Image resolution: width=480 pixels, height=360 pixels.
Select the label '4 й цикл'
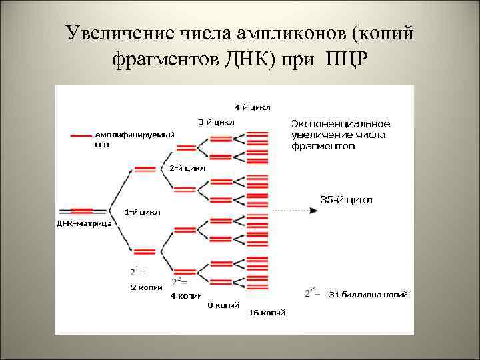point(251,107)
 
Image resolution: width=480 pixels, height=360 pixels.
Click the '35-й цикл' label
point(346,199)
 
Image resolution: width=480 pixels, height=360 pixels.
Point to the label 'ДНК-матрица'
point(83,223)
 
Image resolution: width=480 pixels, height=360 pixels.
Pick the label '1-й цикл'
point(143,212)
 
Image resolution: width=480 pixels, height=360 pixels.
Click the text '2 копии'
point(146,287)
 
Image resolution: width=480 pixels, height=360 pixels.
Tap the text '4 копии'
point(187,295)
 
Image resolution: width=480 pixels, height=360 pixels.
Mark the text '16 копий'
point(267,313)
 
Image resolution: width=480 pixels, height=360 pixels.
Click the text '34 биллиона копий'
point(368,294)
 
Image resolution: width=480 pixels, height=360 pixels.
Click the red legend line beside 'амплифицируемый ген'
point(81,135)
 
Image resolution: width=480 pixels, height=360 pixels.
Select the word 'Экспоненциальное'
point(341,124)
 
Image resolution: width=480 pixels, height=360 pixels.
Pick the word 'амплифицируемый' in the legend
point(134,135)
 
